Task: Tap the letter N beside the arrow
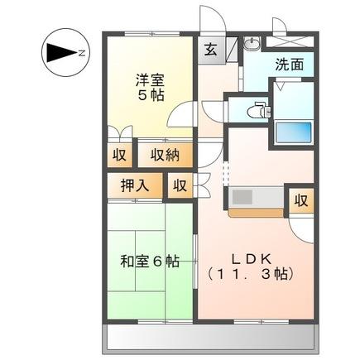coord(81,54)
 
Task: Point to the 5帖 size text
coord(150,95)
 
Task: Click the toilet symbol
coord(258,108)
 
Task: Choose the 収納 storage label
coord(166,154)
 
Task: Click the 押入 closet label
coord(136,185)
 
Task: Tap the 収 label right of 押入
coord(180,185)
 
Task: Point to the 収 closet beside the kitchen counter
coord(302,199)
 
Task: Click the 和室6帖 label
coord(149,262)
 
